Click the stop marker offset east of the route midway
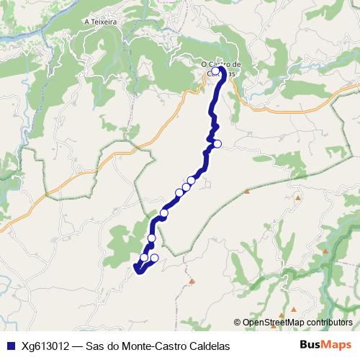pos(217,144)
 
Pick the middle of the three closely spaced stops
pos(186,187)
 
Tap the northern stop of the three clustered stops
pos(192,180)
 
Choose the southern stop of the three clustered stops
pos(179,192)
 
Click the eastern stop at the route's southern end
pos(154,258)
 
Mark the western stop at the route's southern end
pos(144,257)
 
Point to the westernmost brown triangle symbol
pos(192,280)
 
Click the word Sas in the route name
pos(95,346)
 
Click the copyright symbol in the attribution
pos(237,323)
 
